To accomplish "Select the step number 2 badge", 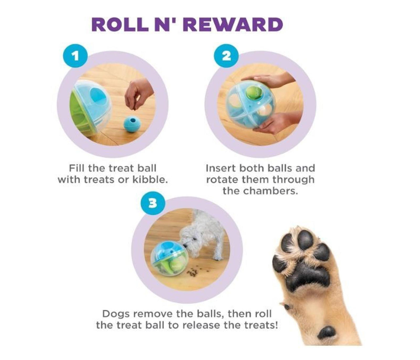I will point(226,56).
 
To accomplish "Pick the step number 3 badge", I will point(153,204).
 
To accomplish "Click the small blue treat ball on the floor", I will point(132,124).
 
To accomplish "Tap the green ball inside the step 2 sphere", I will point(253,93).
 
